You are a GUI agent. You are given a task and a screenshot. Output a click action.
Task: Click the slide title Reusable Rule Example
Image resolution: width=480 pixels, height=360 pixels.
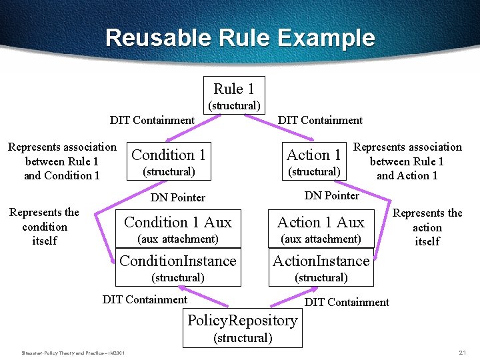(240, 37)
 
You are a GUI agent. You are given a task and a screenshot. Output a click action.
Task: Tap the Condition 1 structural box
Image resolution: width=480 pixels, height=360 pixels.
(169, 161)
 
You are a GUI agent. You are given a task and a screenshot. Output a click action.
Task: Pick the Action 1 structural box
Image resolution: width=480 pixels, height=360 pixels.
(314, 161)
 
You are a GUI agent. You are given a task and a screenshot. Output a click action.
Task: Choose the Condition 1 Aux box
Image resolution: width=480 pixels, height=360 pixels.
(177, 228)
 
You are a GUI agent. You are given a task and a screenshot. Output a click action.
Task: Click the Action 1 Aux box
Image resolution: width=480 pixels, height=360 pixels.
(321, 228)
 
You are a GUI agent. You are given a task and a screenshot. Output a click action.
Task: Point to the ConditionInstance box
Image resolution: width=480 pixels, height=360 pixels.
(177, 267)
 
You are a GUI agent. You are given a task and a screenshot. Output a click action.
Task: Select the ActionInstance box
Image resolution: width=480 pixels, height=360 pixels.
(321, 267)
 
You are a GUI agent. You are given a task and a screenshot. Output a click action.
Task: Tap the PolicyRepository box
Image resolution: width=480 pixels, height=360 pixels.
(242, 327)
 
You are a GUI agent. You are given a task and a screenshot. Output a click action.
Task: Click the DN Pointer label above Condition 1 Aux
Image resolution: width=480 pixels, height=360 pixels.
(178, 197)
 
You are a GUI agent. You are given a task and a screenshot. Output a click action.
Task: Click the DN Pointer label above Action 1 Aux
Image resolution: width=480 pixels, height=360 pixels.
(331, 195)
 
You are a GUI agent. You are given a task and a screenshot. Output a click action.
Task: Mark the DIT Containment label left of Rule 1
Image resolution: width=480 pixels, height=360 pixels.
(152, 121)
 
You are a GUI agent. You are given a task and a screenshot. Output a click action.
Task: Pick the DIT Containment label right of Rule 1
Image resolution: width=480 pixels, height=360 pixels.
(320, 121)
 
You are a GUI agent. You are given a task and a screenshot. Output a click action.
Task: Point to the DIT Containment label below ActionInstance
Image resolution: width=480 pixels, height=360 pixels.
(347, 303)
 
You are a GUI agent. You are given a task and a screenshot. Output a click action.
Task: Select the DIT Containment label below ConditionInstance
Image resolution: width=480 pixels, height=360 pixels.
(145, 299)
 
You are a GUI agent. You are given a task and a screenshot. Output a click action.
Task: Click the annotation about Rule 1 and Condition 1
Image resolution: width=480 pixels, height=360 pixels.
(62, 161)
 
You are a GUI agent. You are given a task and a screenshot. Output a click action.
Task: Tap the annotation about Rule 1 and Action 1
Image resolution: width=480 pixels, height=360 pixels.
(407, 161)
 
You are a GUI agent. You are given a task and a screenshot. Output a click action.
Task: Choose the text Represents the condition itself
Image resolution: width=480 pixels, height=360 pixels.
(44, 227)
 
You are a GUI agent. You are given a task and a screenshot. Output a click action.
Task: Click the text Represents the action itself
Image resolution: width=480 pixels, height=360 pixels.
(427, 227)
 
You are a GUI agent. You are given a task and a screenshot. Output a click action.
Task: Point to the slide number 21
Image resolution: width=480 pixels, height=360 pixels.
(463, 352)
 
